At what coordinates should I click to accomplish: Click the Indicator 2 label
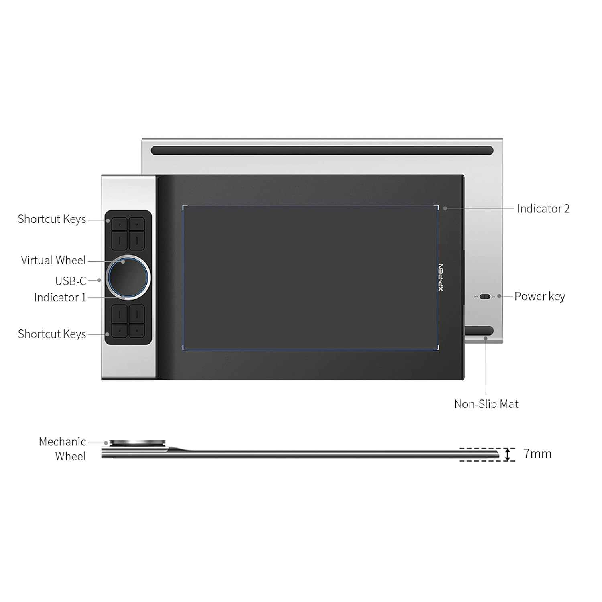(543, 209)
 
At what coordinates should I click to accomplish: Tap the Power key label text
(540, 296)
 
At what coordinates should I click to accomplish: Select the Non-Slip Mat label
(486, 404)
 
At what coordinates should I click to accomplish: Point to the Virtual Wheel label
(53, 260)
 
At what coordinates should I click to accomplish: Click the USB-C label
(71, 281)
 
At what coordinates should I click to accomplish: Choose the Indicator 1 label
(60, 297)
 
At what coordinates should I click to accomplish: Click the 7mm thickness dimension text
(537, 454)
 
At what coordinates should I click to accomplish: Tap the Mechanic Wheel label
(63, 449)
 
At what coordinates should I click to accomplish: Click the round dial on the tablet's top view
(128, 277)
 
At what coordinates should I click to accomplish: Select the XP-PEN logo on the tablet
(441, 277)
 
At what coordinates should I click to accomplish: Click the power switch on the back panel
(485, 297)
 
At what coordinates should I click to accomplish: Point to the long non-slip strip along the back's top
(322, 150)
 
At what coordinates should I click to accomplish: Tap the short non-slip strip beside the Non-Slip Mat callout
(479, 330)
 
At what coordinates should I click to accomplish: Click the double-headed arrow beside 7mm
(508, 454)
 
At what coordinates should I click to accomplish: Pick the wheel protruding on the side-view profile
(137, 443)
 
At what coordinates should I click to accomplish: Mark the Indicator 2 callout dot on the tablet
(445, 209)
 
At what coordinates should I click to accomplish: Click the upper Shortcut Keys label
(52, 219)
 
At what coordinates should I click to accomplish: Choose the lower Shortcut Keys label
(52, 334)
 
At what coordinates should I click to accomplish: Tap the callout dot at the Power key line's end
(499, 296)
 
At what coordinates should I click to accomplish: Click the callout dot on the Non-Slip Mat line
(486, 339)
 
